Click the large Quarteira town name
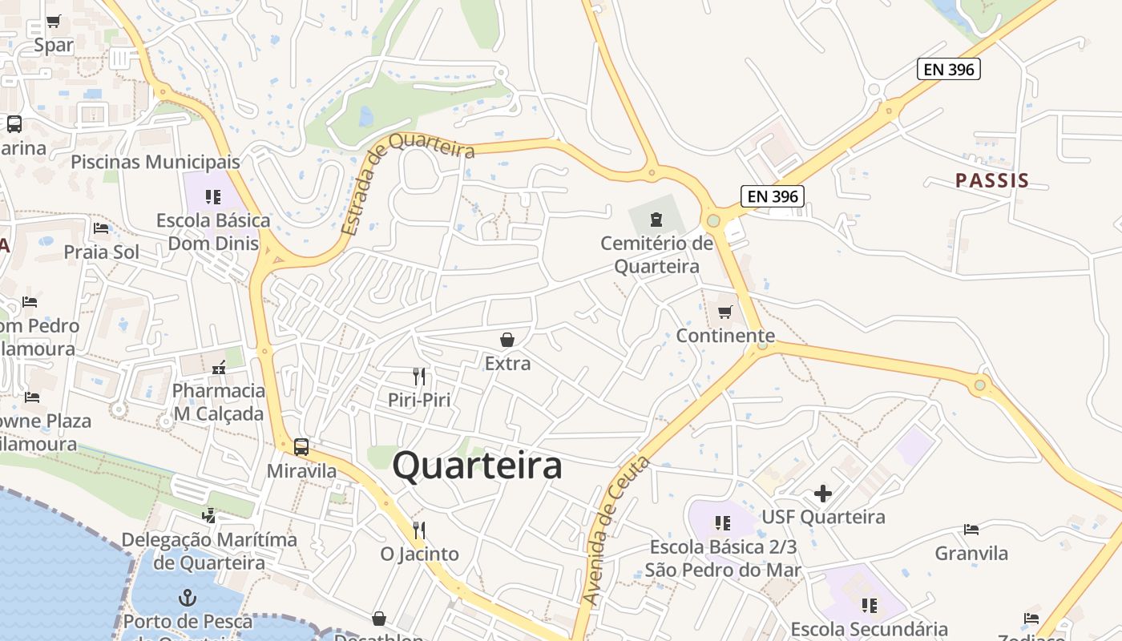[477, 466]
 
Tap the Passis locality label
[991, 180]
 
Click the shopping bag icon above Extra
[507, 340]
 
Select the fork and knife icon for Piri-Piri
[418, 376]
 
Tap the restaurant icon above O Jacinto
[418, 530]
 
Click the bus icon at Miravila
[301, 447]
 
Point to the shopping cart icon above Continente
[725, 312]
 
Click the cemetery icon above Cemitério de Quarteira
[656, 219]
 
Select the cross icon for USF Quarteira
[823, 494]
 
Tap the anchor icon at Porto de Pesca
[187, 598]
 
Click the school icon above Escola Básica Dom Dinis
[213, 196]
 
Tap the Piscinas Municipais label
[155, 162]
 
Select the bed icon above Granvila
[971, 530]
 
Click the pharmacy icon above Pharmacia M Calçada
[219, 368]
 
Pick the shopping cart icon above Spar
[54, 22]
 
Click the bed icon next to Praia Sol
[101, 228]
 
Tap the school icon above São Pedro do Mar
[723, 523]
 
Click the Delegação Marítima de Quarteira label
[209, 551]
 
